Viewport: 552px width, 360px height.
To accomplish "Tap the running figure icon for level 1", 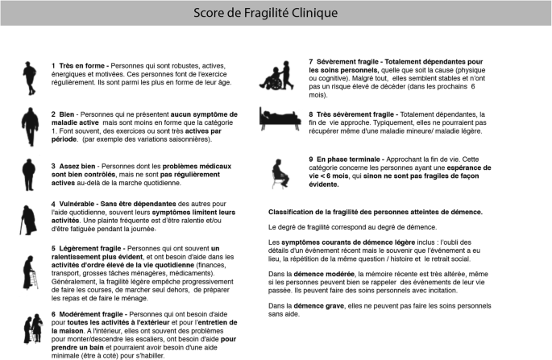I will (28, 74).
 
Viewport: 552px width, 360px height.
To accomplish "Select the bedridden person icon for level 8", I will (274, 120).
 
